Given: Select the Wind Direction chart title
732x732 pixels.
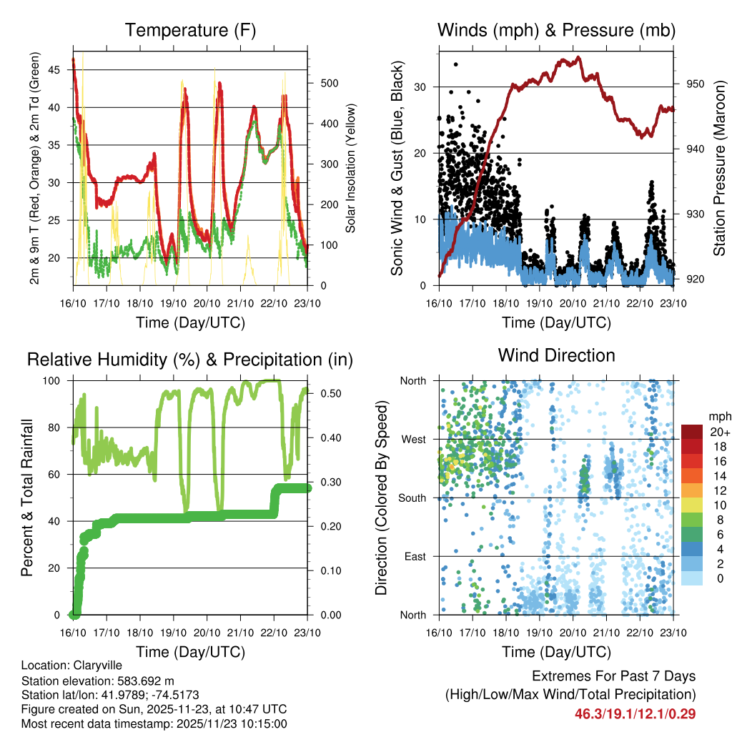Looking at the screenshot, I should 556,355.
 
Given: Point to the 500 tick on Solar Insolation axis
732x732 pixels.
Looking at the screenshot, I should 329,83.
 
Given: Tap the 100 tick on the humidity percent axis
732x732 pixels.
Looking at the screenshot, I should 56,381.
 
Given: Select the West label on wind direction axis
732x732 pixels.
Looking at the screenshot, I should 413,440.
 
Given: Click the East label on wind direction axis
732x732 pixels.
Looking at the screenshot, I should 415,556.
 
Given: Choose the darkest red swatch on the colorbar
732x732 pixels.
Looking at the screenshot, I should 691,432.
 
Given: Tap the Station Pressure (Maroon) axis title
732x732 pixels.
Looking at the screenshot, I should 719,168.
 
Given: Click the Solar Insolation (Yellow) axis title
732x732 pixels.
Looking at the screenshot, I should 351,168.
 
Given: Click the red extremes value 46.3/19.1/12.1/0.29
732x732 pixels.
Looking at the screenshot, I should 635,713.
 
